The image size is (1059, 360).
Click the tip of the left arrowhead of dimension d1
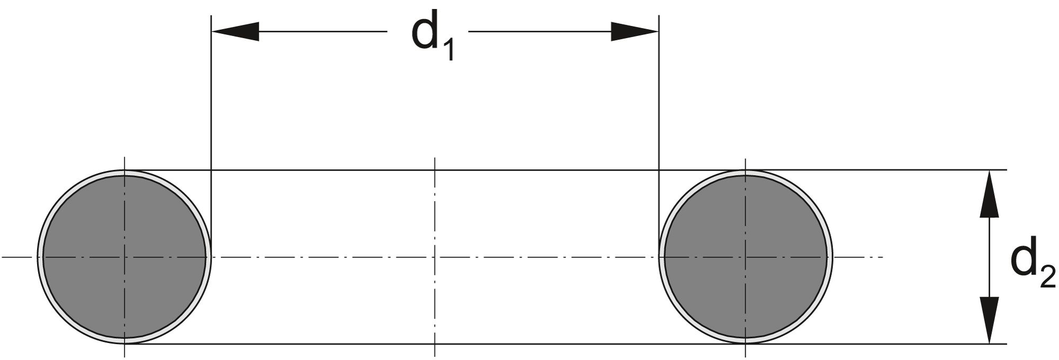point(212,32)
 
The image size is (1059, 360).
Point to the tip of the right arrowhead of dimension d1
point(658,32)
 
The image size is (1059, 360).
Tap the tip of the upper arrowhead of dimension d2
point(989,170)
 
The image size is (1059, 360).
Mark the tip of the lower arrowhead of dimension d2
point(989,344)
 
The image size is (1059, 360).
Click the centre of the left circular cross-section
point(124,257)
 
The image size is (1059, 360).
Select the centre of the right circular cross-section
point(746,257)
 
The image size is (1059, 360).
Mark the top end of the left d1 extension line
point(211,15)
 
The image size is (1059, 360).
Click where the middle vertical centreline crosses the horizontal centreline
point(435,257)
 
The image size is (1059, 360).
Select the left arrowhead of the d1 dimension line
point(235,32)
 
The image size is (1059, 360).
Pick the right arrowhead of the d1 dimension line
point(635,32)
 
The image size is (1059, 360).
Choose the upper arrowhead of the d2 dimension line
point(989,194)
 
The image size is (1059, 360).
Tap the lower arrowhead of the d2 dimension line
point(989,320)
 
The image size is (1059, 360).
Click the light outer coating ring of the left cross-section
point(40,257)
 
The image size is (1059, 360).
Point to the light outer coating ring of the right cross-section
point(830,257)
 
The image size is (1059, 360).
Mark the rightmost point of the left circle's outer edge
point(212,257)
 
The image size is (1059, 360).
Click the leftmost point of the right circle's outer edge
point(658,257)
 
